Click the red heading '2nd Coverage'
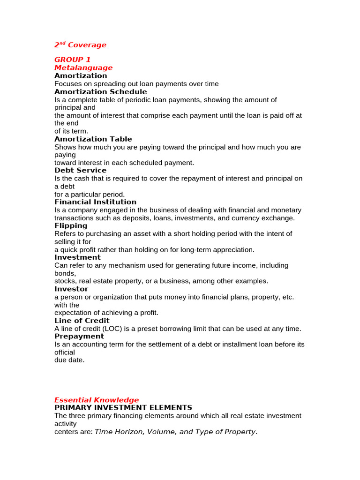pyautogui.click(x=80, y=45)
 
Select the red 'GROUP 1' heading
pyautogui.click(x=73, y=60)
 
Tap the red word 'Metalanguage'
pyautogui.click(x=83, y=67)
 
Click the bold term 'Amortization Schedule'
pyautogui.click(x=100, y=91)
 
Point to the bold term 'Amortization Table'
pyautogui.click(x=93, y=139)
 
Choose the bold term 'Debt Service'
pyautogui.click(x=80, y=170)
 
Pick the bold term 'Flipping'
pyautogui.click(x=71, y=225)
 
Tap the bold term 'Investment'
pyautogui.click(x=77, y=257)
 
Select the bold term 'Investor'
pyautogui.click(x=71, y=289)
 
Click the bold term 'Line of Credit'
pyautogui.click(x=82, y=321)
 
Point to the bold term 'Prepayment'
pyautogui.click(x=79, y=336)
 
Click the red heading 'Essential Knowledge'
pyautogui.click(x=97, y=400)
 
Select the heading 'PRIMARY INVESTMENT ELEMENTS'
pyautogui.click(x=123, y=407)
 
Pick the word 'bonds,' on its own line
pyautogui.click(x=65, y=273)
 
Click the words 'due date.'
pyautogui.click(x=69, y=360)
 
